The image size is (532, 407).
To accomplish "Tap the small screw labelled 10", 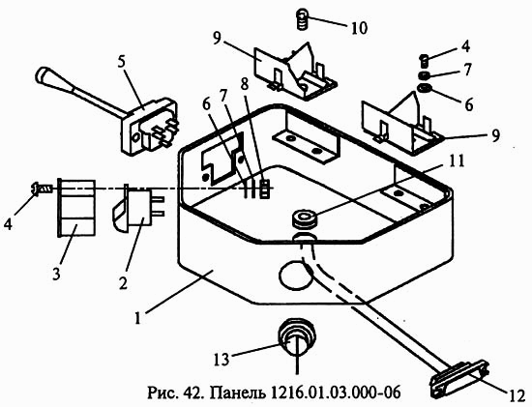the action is pos(302,20).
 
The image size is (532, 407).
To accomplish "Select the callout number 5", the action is pos(122,62).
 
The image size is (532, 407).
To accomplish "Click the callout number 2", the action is pos(122,282).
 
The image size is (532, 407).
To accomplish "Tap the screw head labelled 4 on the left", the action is pos(35,189).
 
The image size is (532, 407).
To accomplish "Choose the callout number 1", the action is pos(137,318).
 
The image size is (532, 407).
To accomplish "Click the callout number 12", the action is pos(517,395).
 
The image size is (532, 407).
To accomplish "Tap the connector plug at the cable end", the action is pos(458,379).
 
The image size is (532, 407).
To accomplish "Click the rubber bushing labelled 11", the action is pos(306,218).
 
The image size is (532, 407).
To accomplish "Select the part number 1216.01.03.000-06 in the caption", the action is pos(336,392).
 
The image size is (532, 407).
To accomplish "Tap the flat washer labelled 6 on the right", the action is pos(424,89).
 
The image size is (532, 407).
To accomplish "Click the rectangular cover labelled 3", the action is pos(76,208).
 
